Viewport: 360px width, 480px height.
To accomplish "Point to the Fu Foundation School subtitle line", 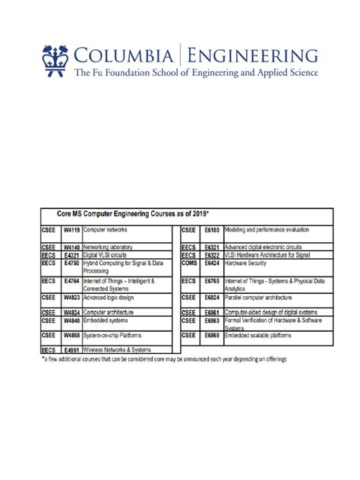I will point(196,74).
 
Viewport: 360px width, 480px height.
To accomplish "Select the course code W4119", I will point(71,229).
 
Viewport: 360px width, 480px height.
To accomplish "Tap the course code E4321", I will point(71,256).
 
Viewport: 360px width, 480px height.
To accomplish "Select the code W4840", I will point(71,321).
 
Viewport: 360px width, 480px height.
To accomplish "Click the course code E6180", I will point(212,229).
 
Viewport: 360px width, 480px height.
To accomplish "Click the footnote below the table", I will point(163,358).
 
